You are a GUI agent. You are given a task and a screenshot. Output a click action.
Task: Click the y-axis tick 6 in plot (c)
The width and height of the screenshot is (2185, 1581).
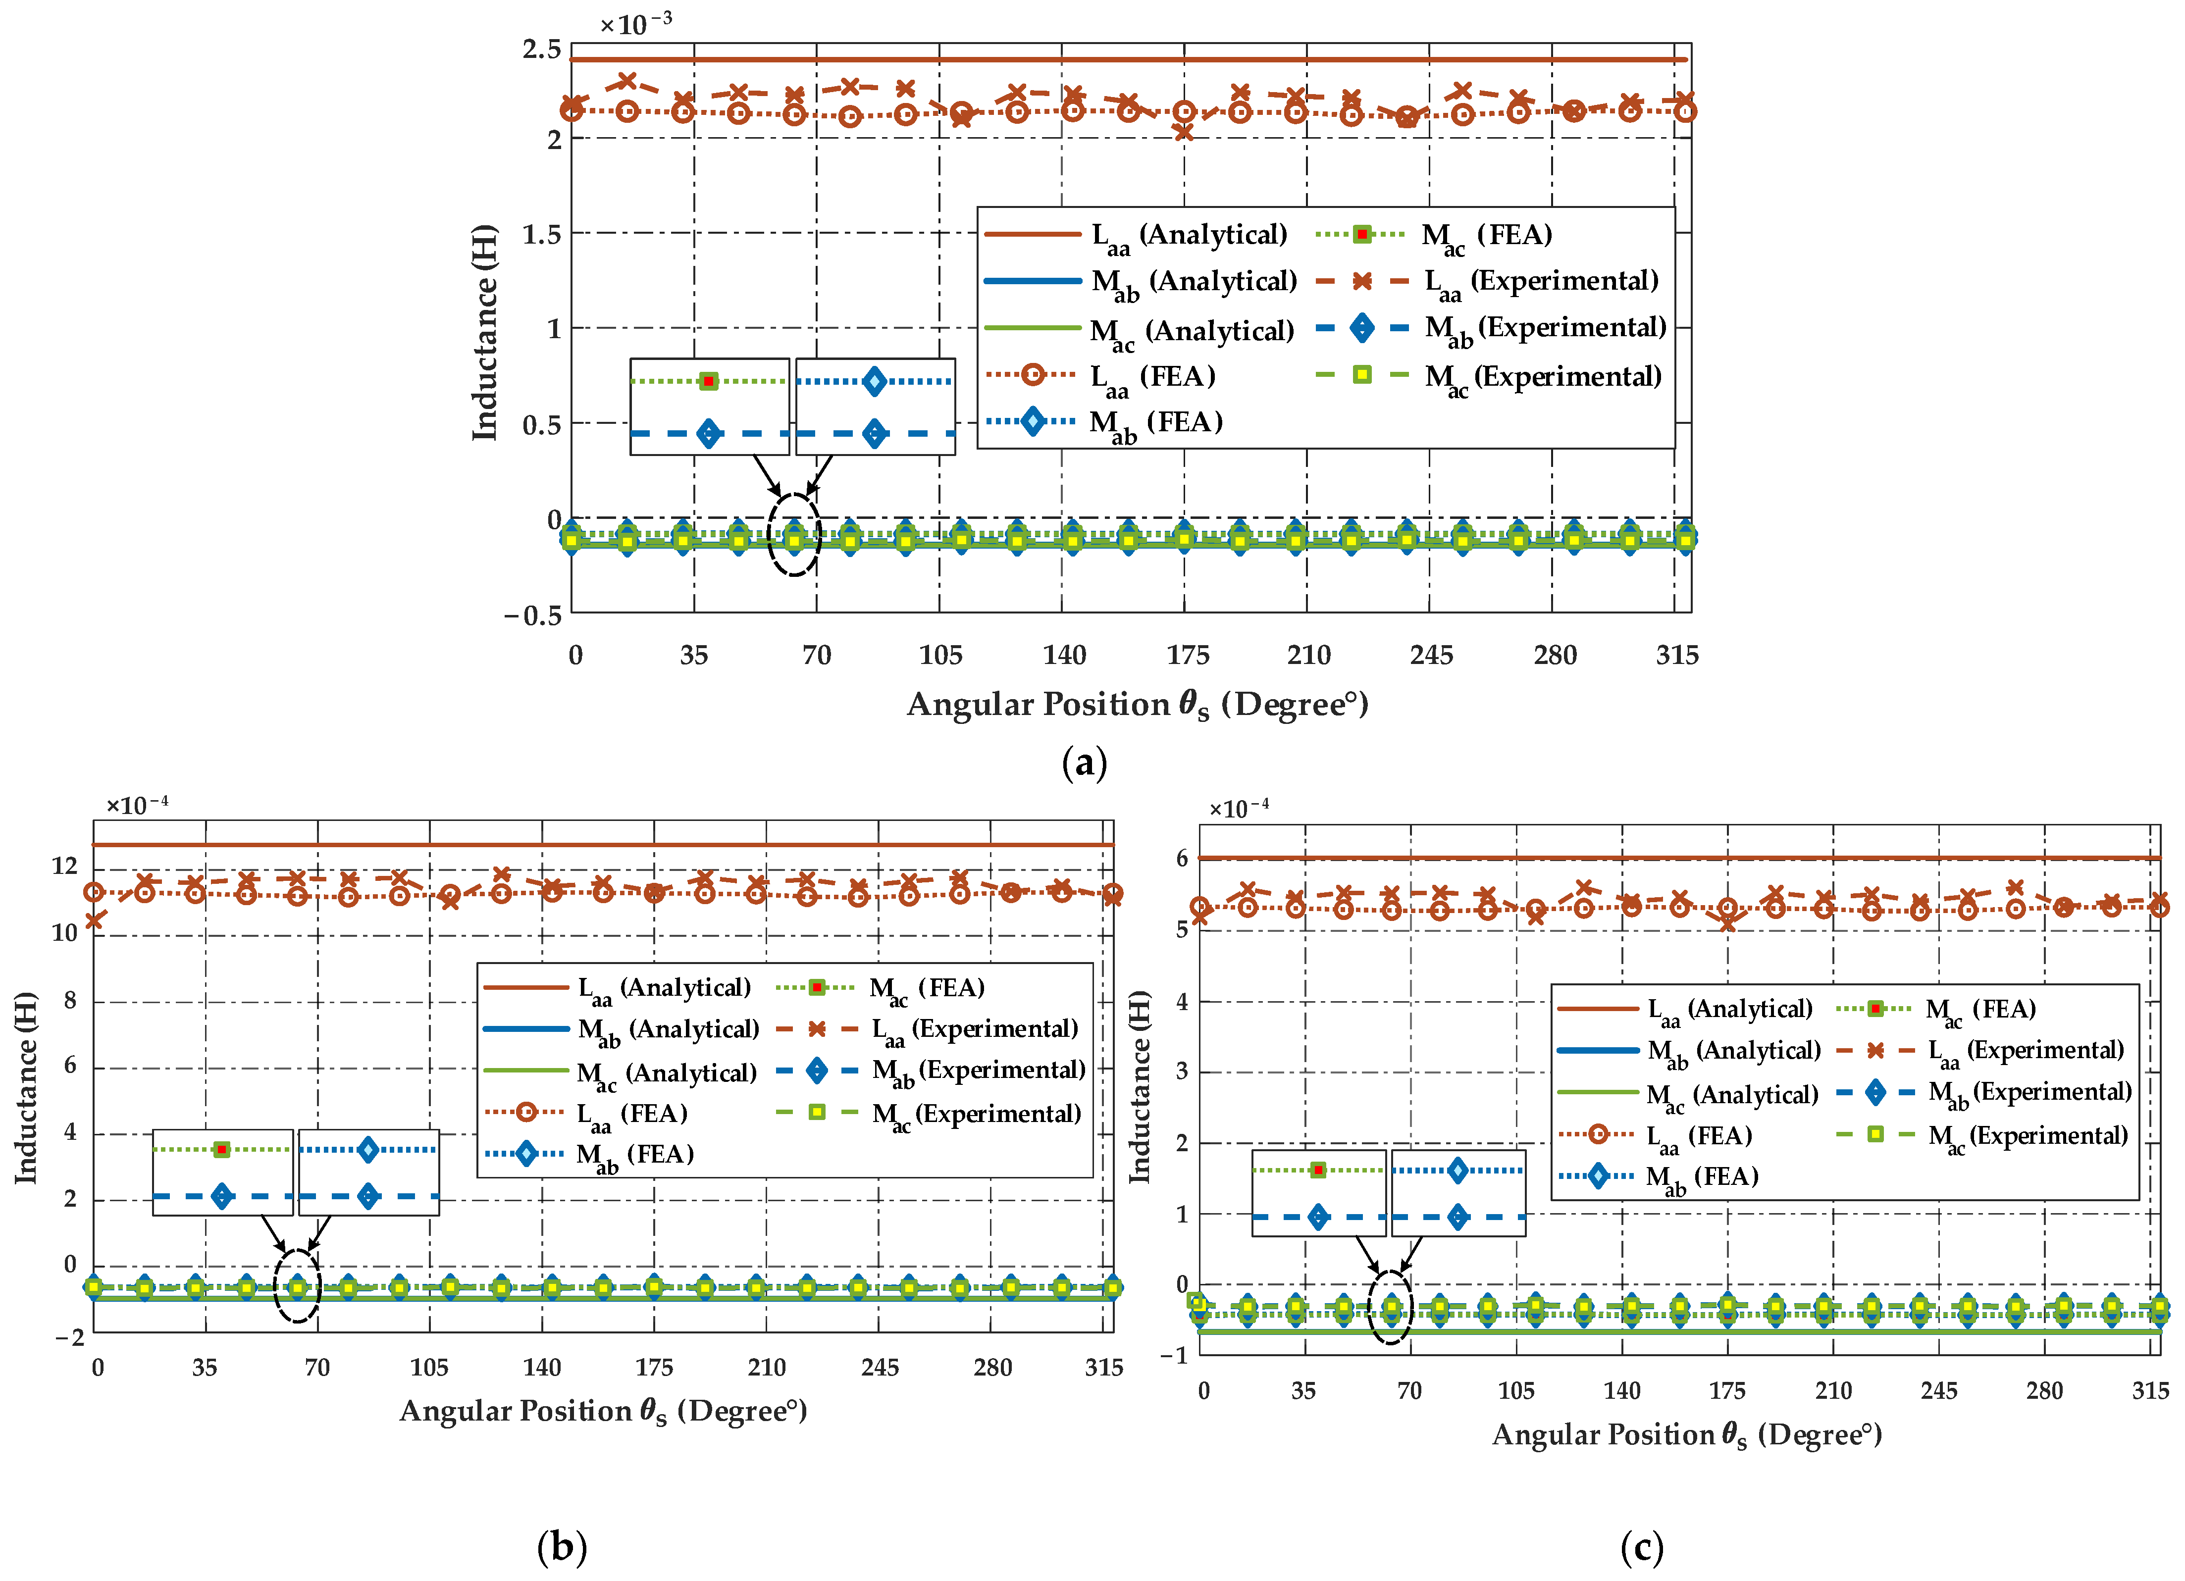point(1182,859)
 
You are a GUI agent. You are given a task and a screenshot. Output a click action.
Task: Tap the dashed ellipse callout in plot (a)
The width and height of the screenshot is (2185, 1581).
point(794,535)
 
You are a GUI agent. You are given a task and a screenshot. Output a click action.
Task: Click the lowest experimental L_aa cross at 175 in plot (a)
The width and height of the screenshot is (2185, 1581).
point(1184,132)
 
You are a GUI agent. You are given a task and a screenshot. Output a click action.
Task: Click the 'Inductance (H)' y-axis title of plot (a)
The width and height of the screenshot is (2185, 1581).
point(484,332)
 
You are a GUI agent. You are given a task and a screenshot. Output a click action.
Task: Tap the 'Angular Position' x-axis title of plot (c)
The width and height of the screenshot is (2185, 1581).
point(1686,1434)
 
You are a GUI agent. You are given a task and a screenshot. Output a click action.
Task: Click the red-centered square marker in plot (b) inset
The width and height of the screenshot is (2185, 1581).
point(221,1149)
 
